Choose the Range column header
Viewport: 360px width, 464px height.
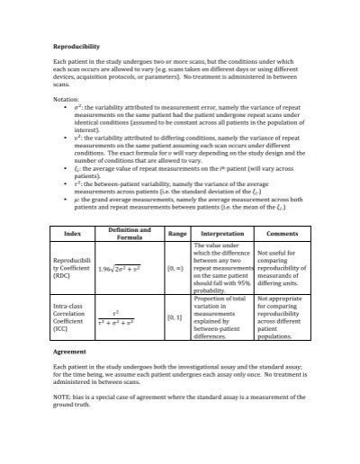(x=177, y=234)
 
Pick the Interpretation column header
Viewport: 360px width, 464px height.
(x=223, y=234)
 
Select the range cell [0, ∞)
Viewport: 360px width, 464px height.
(x=176, y=268)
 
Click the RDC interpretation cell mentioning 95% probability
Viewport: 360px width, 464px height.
(x=223, y=268)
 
